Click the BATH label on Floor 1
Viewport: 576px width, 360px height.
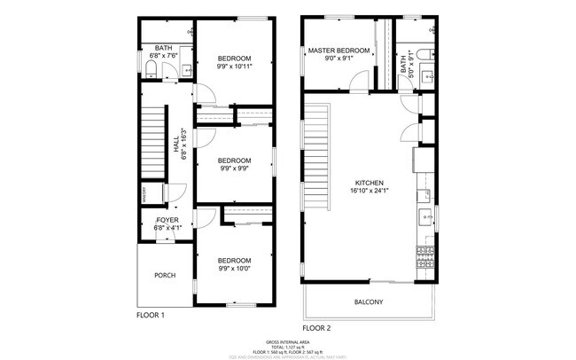click(x=164, y=48)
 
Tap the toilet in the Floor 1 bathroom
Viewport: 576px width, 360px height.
click(x=150, y=69)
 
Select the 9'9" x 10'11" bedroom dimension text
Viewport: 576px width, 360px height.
click(x=234, y=67)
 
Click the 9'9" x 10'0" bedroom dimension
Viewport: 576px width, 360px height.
click(x=234, y=268)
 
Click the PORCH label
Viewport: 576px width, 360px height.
click(x=165, y=275)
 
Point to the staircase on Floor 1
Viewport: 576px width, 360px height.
click(x=153, y=134)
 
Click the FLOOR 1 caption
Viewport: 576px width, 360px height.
click(x=151, y=315)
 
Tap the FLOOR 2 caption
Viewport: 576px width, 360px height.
click(x=316, y=328)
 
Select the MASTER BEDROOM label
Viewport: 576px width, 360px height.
click(x=339, y=51)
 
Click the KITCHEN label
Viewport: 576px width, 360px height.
click(x=364, y=182)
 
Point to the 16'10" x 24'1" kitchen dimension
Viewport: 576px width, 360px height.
click(x=364, y=190)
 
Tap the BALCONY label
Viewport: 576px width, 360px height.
click(x=369, y=302)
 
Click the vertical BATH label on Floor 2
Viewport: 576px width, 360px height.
click(x=402, y=66)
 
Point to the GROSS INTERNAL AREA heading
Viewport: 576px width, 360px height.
click(x=288, y=341)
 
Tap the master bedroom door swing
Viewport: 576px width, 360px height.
click(x=359, y=83)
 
